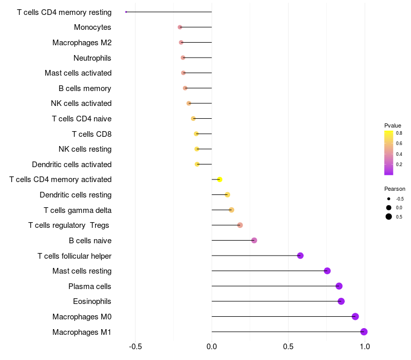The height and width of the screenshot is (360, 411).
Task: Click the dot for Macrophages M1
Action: [364, 332]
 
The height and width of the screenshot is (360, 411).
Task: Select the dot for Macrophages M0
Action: [355, 316]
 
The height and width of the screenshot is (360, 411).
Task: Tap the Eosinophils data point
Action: [341, 301]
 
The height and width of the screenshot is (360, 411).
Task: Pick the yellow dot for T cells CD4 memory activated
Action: [220, 179]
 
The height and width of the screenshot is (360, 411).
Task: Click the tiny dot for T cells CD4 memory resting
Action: [126, 12]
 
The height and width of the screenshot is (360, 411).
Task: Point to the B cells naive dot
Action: [254, 240]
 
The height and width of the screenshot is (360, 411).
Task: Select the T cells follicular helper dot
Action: [301, 256]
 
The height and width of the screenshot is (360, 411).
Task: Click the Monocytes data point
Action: [180, 27]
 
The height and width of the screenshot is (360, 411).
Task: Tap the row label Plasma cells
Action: [90, 286]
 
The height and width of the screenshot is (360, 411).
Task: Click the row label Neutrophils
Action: [92, 58]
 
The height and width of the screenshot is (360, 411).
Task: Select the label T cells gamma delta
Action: [78, 210]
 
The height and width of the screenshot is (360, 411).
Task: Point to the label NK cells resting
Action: [85, 149]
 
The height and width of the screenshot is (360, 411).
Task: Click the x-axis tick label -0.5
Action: [135, 347]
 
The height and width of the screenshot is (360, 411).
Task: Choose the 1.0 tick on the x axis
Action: [365, 347]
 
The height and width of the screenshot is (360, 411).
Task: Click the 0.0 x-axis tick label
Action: [212, 347]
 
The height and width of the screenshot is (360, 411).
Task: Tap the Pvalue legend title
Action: [393, 125]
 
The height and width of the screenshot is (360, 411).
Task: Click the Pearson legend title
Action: [395, 189]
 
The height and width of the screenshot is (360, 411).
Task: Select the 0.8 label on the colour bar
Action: [399, 133]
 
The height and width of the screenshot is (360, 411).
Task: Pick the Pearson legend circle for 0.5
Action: [389, 217]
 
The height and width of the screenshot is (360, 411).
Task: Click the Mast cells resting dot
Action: [327, 271]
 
